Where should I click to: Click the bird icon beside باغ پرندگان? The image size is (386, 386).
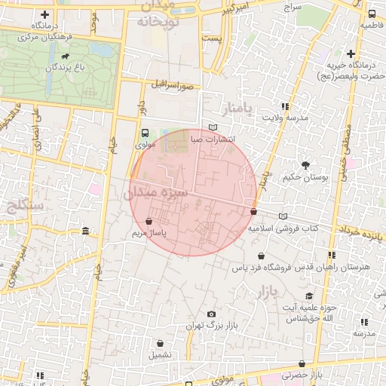click(x=68, y=57)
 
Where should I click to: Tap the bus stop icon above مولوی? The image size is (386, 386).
click(x=146, y=131)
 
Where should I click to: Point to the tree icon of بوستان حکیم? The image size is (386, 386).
click(x=305, y=165)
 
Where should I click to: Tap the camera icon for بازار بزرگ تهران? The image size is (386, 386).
click(x=211, y=314)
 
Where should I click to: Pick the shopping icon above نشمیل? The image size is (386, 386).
click(x=159, y=342)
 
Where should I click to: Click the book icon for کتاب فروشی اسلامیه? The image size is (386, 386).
click(x=283, y=216)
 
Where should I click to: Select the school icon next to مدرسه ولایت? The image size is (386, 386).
click(x=284, y=106)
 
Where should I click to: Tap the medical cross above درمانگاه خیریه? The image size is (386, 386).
click(x=351, y=54)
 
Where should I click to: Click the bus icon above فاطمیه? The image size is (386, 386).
click(x=371, y=14)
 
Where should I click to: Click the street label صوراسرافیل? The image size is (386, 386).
click(x=173, y=86)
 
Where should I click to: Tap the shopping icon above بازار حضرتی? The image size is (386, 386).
click(x=302, y=363)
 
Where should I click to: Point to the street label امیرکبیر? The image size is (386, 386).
click(x=239, y=11)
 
